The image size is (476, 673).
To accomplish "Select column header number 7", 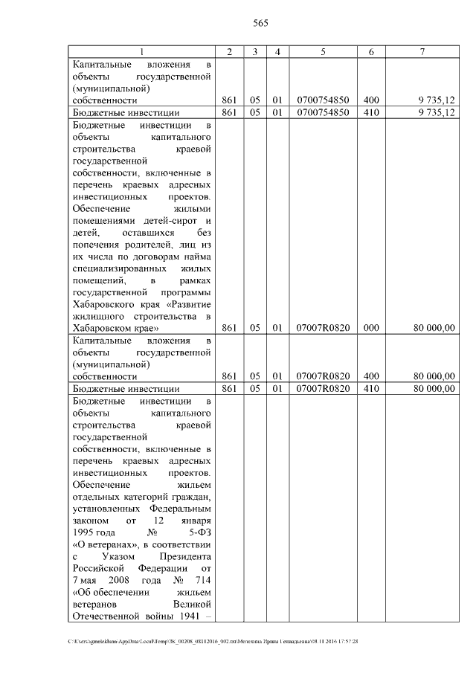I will [x=421, y=51].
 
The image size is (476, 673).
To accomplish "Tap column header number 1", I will [x=142, y=51].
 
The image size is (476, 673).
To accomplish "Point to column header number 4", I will [x=277, y=51].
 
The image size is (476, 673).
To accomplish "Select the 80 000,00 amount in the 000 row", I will [x=434, y=327].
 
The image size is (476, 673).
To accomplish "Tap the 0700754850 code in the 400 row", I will [x=323, y=100].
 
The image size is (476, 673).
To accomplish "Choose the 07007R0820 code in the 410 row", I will [x=323, y=388].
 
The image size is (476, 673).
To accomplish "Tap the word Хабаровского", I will [x=105, y=303].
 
